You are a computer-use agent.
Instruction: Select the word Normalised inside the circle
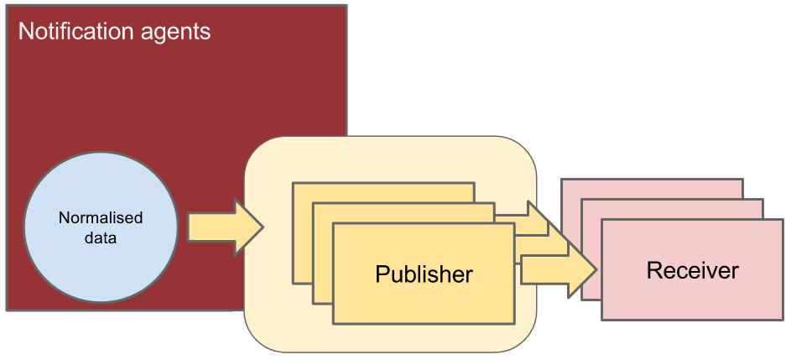(x=101, y=218)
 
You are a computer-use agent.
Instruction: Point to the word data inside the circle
(x=101, y=237)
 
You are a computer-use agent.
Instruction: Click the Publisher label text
(x=424, y=274)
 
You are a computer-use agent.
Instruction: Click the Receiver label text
(x=692, y=270)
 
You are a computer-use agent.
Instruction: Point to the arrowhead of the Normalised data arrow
(x=250, y=227)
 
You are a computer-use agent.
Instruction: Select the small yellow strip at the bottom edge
(x=268, y=357)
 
